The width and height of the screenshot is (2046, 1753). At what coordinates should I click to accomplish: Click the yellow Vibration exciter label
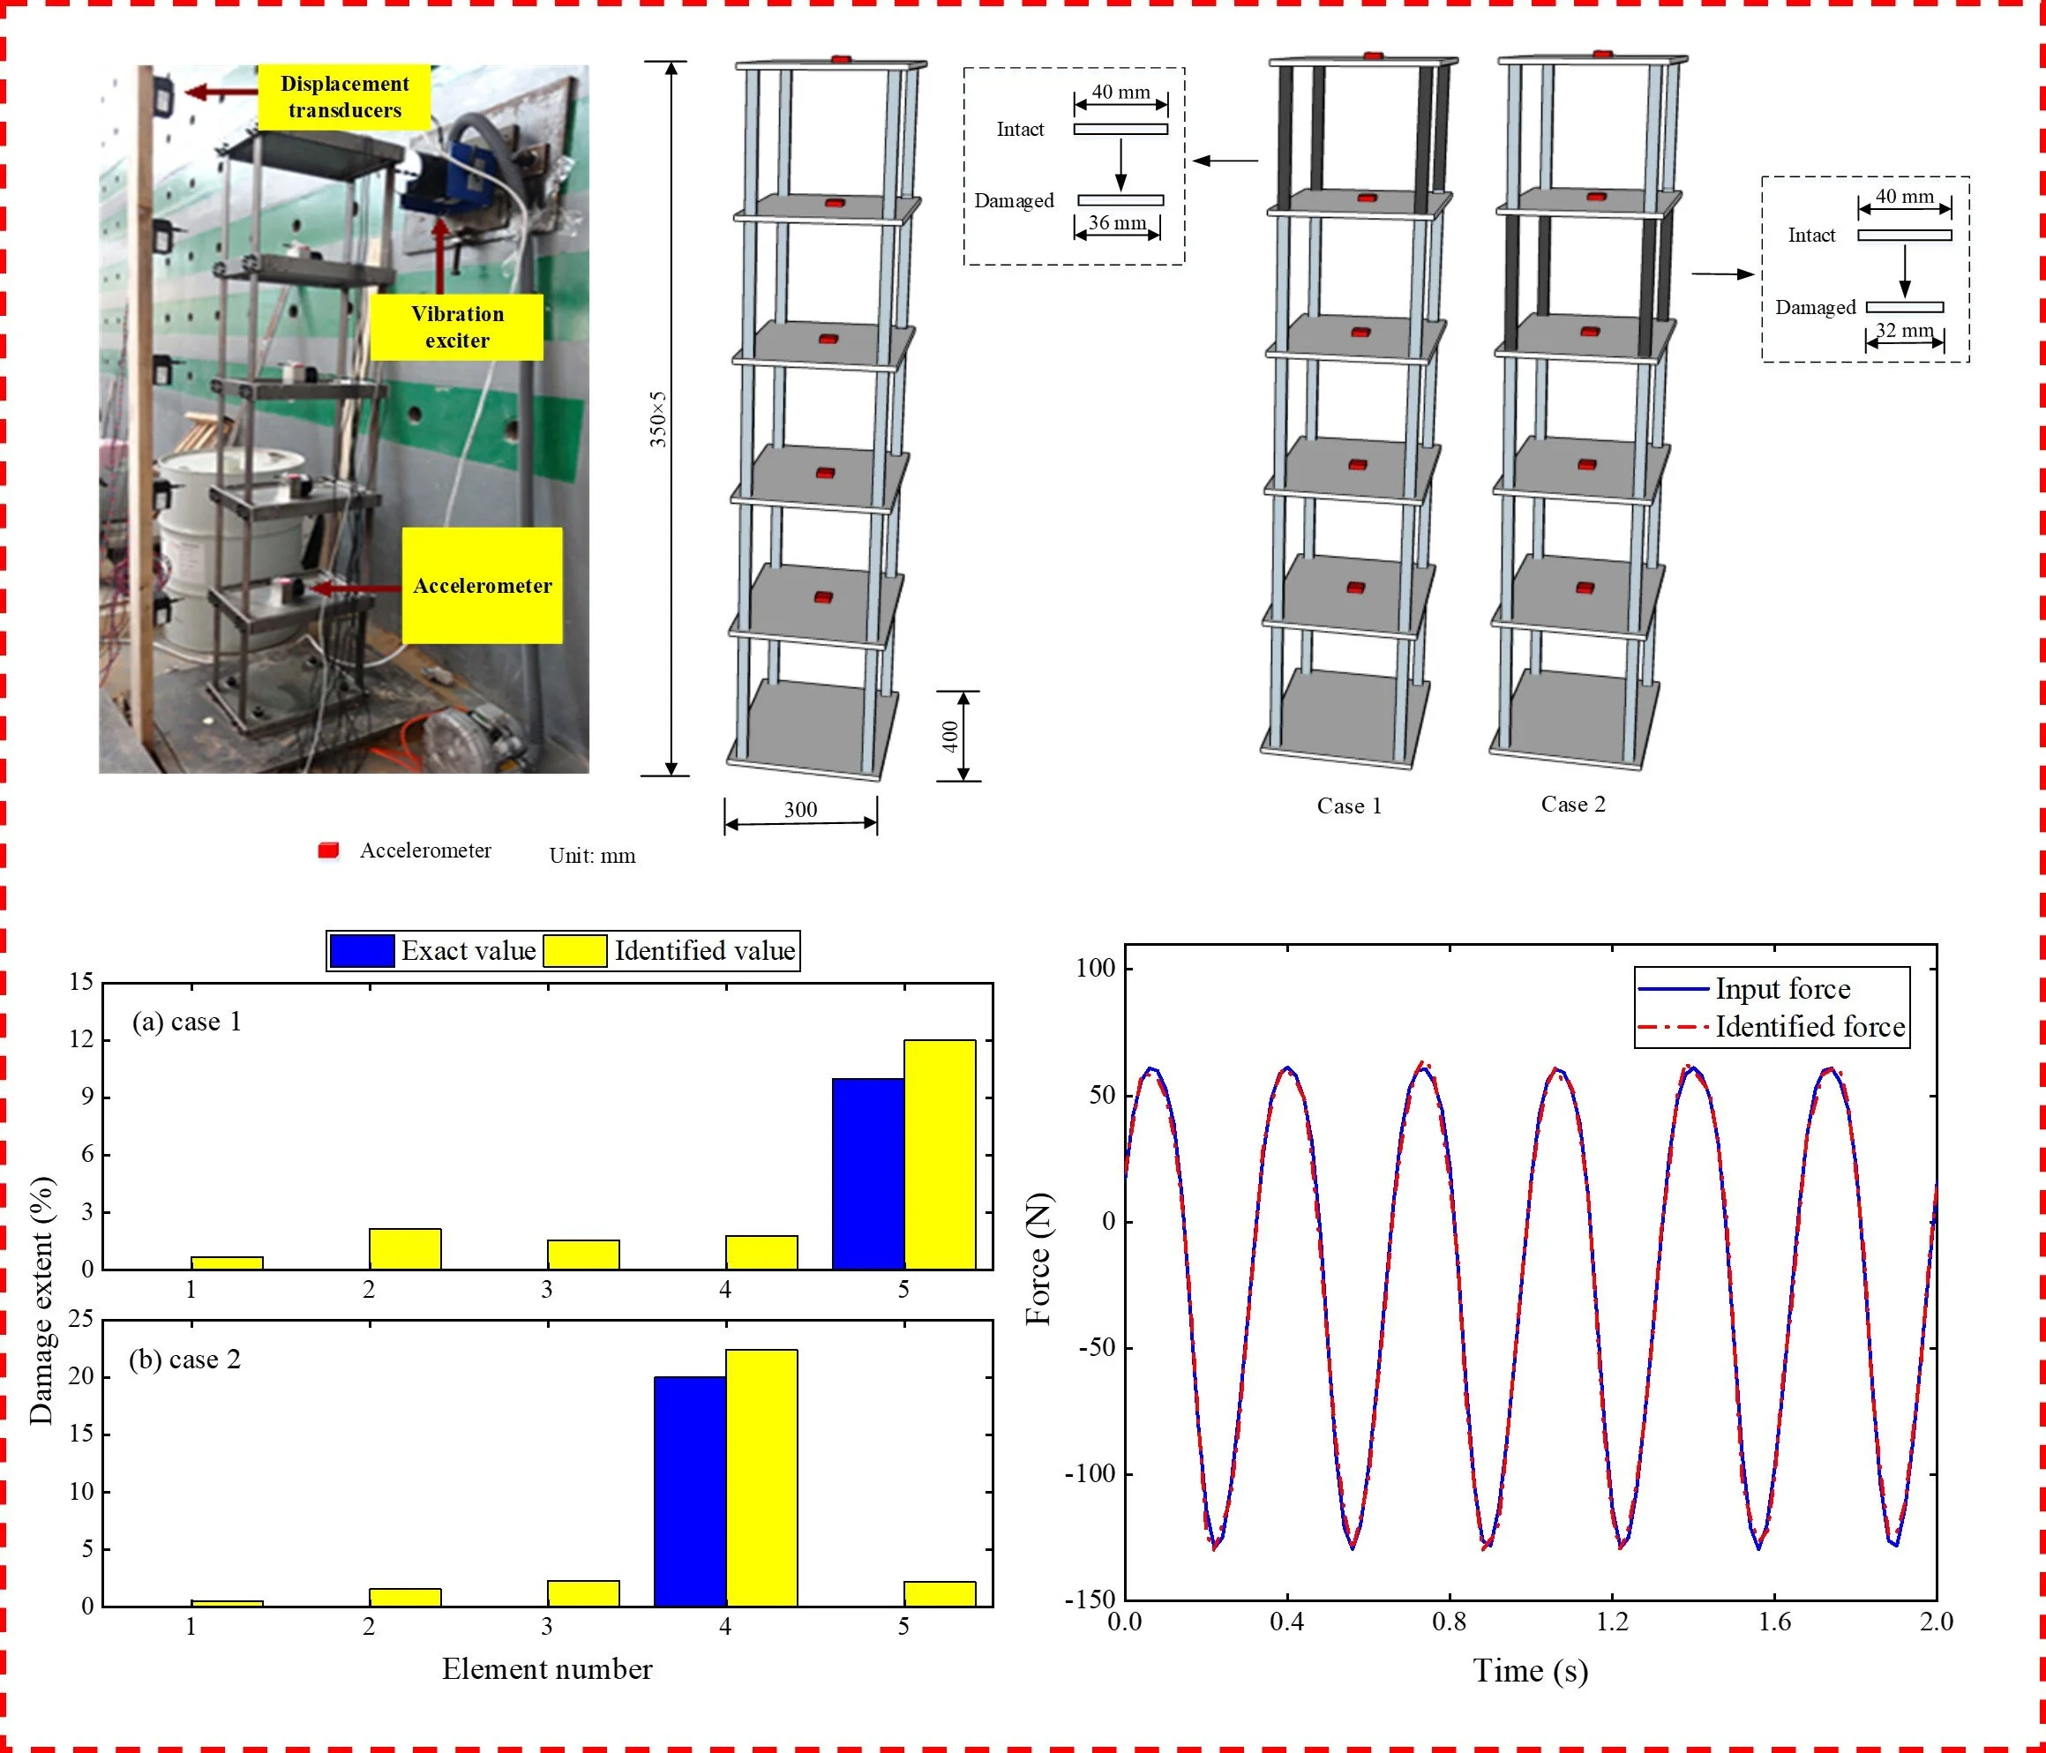456,327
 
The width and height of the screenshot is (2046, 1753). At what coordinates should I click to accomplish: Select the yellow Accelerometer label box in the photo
482,586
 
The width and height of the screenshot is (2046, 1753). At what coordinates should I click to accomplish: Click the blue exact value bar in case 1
868,1173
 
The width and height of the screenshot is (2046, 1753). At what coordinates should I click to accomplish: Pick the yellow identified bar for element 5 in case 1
939,1154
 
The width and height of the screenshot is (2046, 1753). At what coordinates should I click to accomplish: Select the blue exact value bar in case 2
689,1490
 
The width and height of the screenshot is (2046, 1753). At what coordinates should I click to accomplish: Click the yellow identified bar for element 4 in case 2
761,1477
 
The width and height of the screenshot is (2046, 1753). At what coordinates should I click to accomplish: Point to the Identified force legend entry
1809,1027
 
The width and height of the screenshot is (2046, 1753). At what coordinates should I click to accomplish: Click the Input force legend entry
1782,989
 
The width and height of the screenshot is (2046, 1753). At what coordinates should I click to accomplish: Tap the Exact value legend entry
468,950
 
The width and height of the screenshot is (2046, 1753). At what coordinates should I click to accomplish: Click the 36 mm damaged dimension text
1117,223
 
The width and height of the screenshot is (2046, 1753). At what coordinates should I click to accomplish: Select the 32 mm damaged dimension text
1904,330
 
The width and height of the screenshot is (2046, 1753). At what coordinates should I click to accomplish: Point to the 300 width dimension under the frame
800,810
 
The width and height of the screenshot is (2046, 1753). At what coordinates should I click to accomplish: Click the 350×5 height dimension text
657,419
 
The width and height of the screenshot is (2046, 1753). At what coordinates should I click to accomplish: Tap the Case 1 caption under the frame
1349,805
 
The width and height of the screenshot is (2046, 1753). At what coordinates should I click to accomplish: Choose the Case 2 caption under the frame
1573,804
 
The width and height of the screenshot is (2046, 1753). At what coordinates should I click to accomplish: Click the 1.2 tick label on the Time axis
1612,1621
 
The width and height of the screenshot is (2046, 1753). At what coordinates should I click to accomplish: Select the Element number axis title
547,1668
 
